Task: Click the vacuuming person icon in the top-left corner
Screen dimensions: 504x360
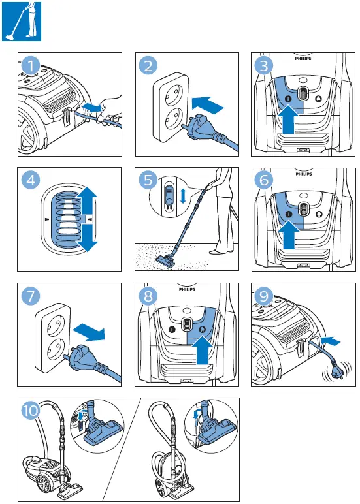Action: (22, 22)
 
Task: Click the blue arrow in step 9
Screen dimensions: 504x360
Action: (333, 339)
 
